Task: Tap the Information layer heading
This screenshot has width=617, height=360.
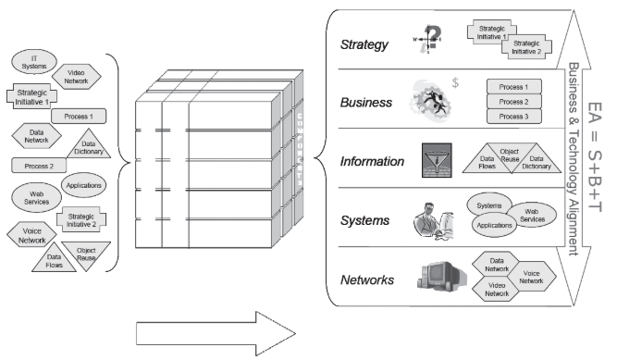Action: pos(373,162)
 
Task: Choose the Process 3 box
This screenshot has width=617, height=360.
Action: pos(512,117)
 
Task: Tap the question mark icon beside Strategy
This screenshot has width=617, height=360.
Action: pos(430,38)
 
